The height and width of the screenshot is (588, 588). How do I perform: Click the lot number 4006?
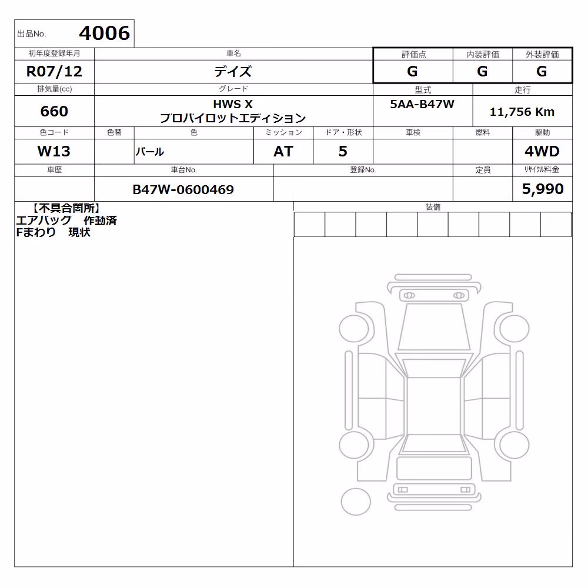[x=104, y=34]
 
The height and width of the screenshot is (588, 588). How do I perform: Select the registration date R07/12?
[x=54, y=71]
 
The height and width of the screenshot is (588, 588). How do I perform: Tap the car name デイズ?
[x=233, y=71]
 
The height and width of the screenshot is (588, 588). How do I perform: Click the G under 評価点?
[x=412, y=71]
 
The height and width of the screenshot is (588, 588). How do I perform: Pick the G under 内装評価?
[x=482, y=71]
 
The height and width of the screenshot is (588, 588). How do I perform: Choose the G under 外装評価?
[x=542, y=71]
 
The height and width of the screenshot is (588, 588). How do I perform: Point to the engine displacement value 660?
[x=54, y=111]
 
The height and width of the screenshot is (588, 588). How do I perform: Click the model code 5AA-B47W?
[x=422, y=104]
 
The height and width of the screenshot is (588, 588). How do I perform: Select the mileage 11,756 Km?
[x=522, y=112]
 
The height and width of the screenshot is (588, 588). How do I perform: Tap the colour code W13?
[x=54, y=151]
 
